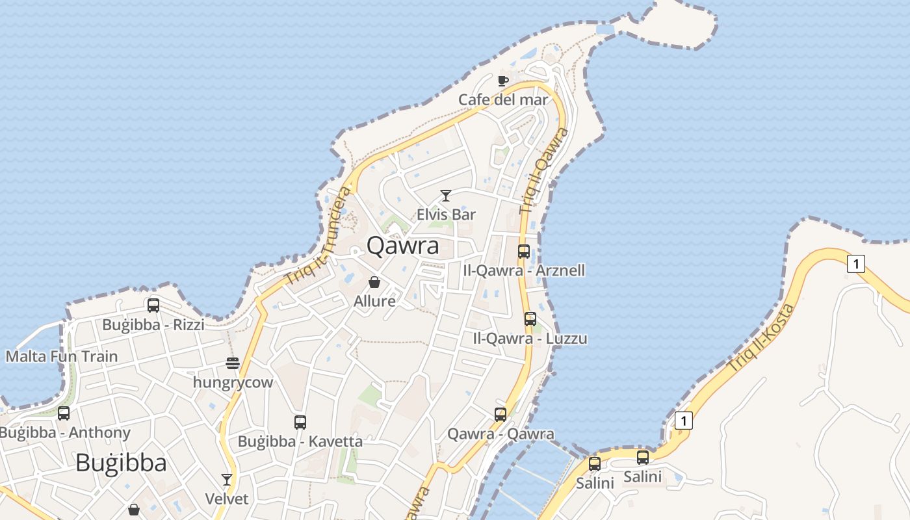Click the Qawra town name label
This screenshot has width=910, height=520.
tap(402, 246)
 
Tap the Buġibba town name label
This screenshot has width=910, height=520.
tap(121, 463)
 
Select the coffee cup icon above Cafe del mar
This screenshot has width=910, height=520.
tap(502, 81)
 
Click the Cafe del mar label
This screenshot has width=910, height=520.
tap(503, 99)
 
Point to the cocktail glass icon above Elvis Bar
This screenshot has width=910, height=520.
tap(446, 195)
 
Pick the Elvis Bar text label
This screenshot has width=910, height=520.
tap(446, 214)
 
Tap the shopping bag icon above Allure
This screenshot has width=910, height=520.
tap(374, 282)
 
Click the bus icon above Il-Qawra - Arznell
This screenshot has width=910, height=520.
tap(524, 251)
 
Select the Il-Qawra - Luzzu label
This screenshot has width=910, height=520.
tap(530, 338)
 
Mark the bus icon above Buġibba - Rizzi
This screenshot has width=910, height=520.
tap(153, 305)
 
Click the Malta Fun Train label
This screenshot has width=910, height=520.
tap(62, 356)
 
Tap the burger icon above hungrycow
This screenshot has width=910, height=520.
tap(233, 363)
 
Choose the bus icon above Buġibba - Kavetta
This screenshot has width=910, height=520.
tap(300, 422)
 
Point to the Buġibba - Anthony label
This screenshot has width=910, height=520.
tap(65, 432)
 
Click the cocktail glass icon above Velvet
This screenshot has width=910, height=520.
tap(227, 480)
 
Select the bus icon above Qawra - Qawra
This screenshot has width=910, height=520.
tap(500, 414)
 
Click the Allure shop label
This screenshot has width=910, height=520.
tap(374, 301)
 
